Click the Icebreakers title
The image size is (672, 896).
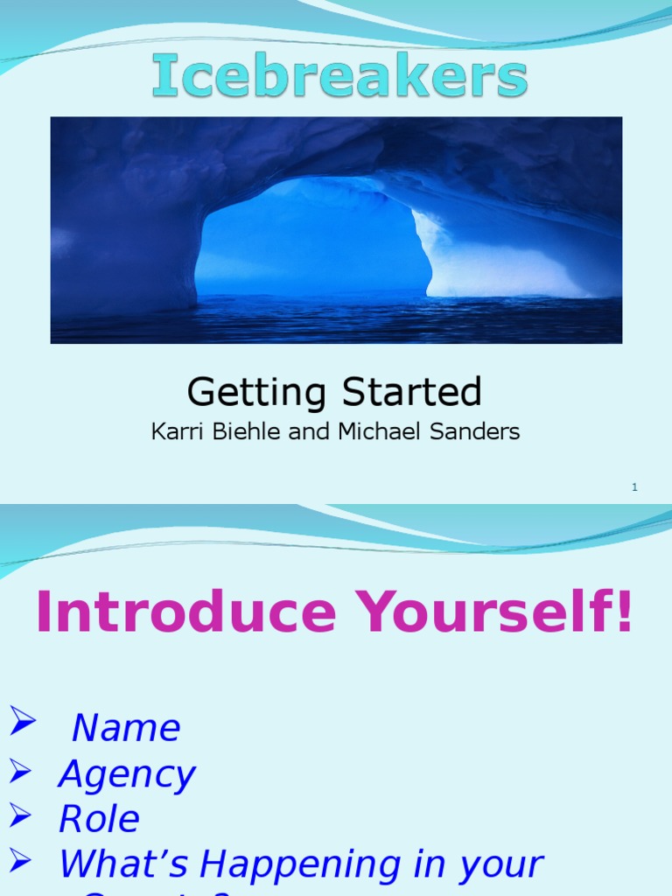click(339, 77)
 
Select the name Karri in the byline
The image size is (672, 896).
click(172, 432)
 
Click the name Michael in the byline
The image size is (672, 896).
click(368, 432)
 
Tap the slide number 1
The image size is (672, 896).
click(634, 487)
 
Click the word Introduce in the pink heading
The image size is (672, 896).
click(185, 613)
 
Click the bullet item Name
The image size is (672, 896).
click(126, 728)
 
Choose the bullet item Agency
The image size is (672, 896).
click(126, 774)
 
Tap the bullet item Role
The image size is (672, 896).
click(99, 819)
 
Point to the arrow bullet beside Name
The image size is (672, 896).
click(23, 723)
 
